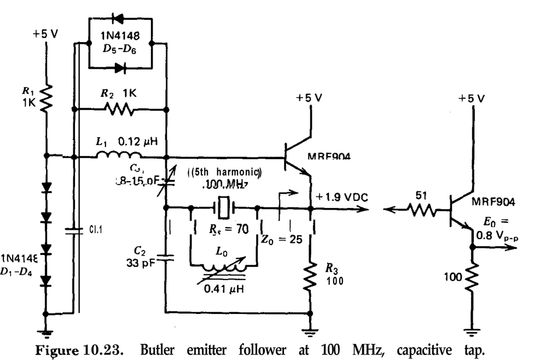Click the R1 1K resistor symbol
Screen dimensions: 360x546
click(x=47, y=97)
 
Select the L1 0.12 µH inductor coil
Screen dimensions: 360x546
click(x=114, y=156)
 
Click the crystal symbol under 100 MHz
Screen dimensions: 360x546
click(x=224, y=207)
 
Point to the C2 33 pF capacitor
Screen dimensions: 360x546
click(x=166, y=257)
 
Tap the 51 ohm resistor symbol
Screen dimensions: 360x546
click(x=421, y=208)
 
